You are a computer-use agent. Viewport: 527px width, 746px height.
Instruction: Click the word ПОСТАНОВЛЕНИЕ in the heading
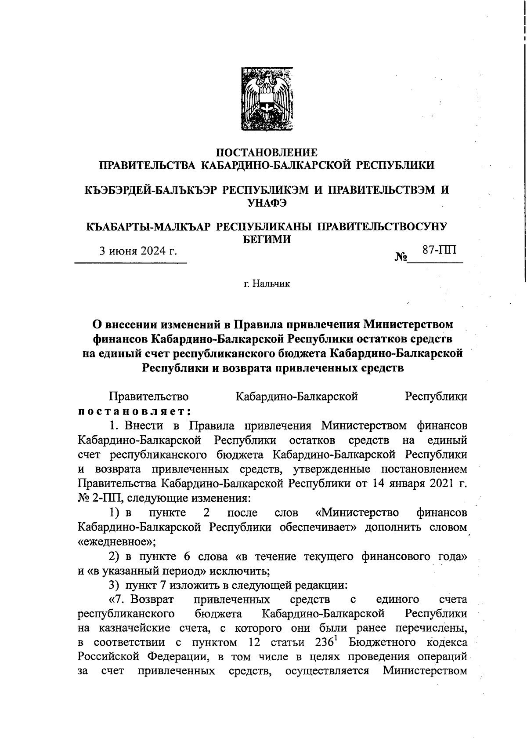coord(267,153)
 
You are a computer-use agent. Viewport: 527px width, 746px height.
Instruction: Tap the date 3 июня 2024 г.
coord(137,251)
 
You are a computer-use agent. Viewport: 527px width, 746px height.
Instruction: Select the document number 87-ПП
coord(439,250)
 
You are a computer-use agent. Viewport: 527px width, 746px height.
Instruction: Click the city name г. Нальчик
coord(267,284)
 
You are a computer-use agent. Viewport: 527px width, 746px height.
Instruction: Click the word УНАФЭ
coord(267,203)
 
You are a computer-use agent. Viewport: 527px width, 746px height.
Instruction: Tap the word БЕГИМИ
coord(267,240)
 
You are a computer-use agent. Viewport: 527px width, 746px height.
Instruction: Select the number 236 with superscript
coord(326,642)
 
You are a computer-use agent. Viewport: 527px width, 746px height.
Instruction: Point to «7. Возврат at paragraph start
coord(141,600)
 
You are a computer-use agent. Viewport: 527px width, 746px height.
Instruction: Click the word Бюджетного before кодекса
coord(383,643)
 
